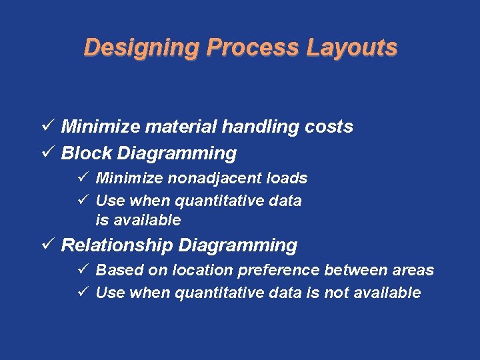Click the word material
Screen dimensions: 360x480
[187, 127]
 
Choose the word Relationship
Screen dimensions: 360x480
[117, 245]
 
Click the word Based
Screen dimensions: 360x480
[117, 270]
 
